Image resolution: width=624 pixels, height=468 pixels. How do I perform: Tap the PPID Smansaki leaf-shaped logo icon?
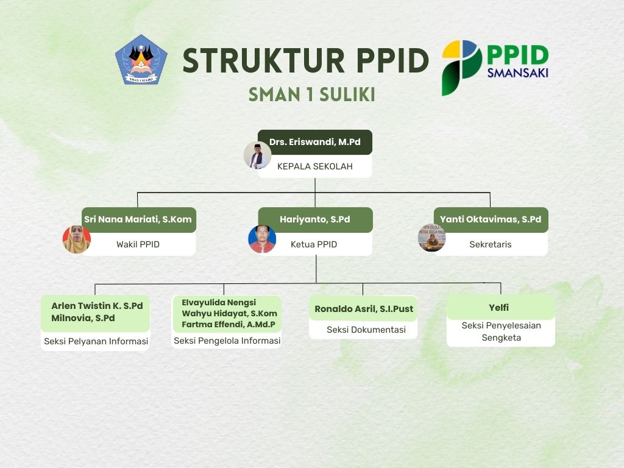point(462,68)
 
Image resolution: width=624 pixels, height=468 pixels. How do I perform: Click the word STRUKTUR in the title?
point(263,60)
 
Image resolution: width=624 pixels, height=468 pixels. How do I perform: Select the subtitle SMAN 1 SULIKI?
point(312,94)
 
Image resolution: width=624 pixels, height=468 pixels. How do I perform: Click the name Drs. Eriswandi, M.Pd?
point(315,142)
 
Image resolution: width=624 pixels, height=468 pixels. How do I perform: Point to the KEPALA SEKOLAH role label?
point(315,166)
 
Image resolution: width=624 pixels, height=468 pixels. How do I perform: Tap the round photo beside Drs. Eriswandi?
point(258,155)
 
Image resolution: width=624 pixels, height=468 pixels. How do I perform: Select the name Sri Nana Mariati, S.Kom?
point(138,219)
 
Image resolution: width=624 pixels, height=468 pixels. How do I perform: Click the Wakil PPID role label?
point(138,244)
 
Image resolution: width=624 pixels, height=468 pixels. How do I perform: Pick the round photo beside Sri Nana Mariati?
point(77,239)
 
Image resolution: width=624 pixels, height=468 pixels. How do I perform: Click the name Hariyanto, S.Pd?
point(315,219)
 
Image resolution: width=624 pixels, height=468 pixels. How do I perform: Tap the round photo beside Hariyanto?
point(262,239)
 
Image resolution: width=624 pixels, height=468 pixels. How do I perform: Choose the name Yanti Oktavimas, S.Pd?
point(491,219)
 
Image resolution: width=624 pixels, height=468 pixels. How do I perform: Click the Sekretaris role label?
point(491,244)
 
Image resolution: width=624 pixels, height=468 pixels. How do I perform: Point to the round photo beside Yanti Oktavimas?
point(432,238)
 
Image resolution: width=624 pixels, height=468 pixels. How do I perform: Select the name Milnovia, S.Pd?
point(83,318)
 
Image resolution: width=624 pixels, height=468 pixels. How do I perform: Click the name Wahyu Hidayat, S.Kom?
point(229,314)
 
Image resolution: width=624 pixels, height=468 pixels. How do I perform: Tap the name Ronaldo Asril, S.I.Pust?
point(364,309)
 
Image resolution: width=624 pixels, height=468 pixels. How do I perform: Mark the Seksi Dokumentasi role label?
point(366,330)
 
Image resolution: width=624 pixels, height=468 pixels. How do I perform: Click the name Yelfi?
point(498,308)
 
